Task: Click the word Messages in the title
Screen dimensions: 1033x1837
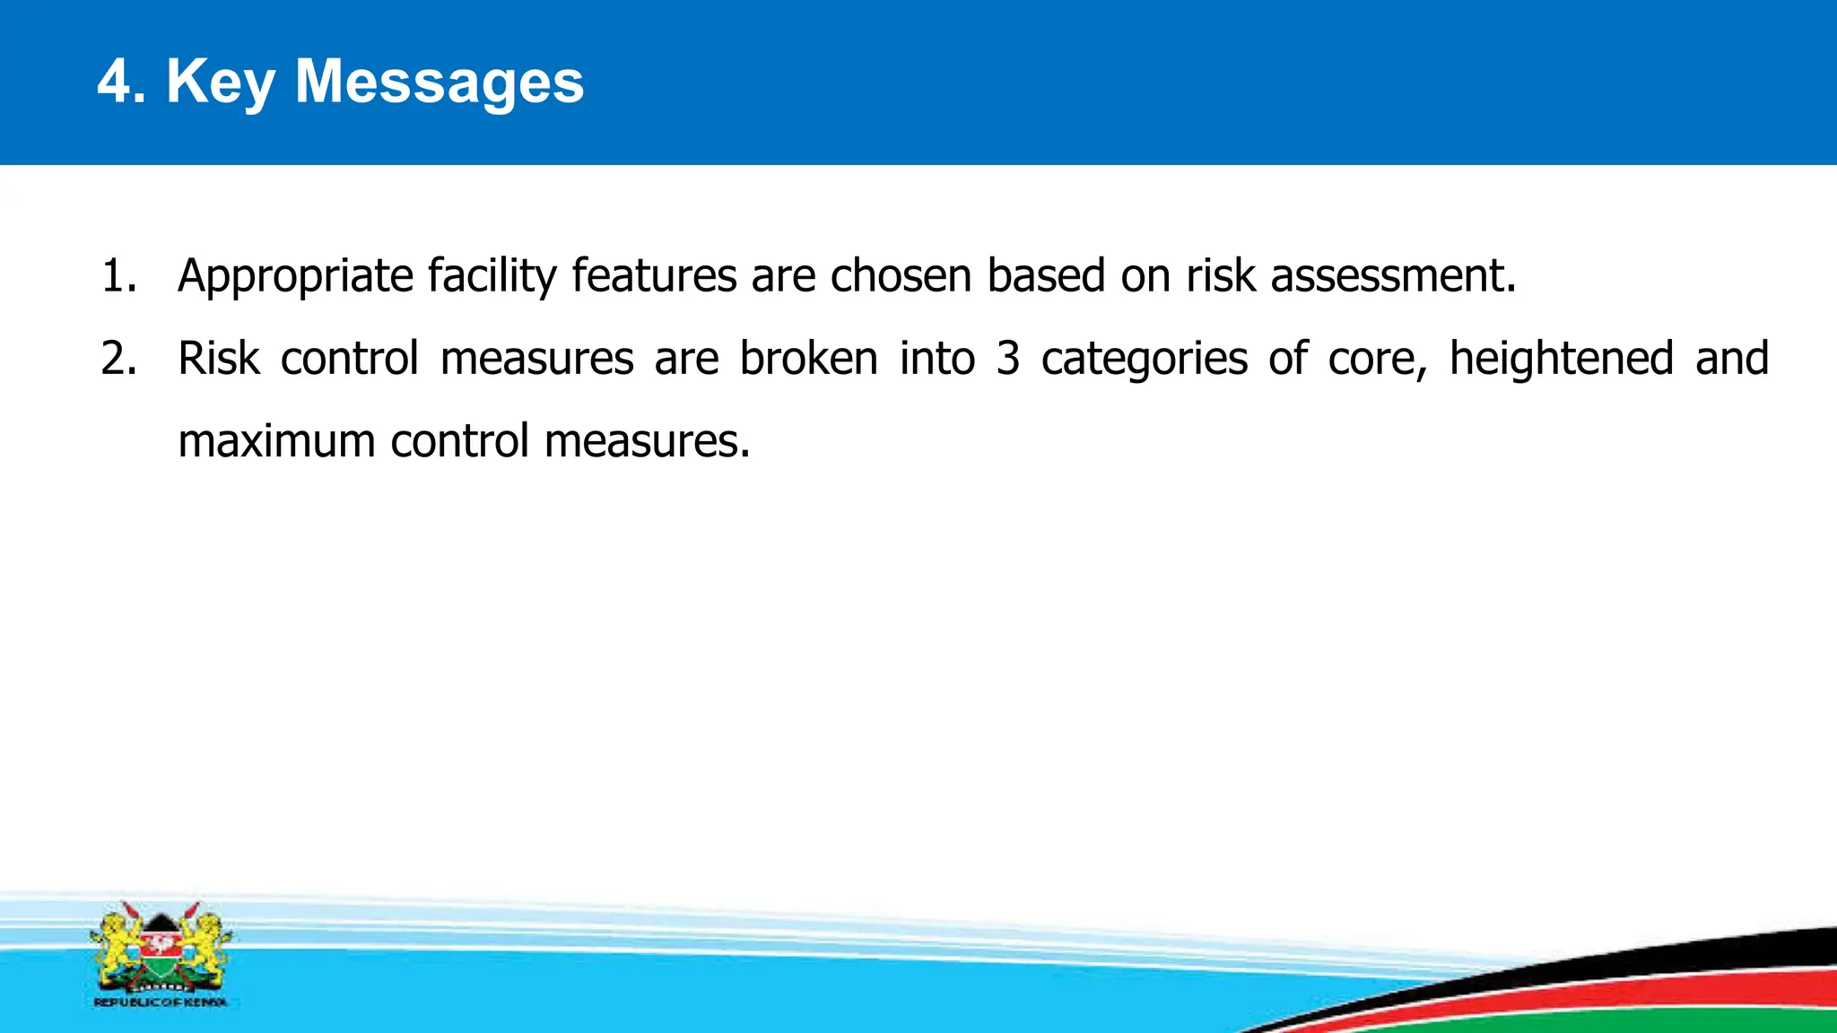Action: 440,82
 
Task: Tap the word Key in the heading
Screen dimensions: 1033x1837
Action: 221,82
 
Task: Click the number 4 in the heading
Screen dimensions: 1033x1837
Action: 114,82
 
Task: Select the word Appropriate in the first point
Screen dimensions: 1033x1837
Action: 295,276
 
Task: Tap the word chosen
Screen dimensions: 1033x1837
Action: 901,276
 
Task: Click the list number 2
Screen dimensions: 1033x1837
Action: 118,359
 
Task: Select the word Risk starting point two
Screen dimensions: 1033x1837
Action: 219,359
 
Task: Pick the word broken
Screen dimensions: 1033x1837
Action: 808,359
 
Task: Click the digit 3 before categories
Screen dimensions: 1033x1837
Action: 1008,359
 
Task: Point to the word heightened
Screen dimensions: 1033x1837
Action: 1562,359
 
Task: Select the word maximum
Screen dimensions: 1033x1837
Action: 276,441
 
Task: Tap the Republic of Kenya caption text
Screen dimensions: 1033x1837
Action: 161,1003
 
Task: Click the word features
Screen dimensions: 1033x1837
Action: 654,276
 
